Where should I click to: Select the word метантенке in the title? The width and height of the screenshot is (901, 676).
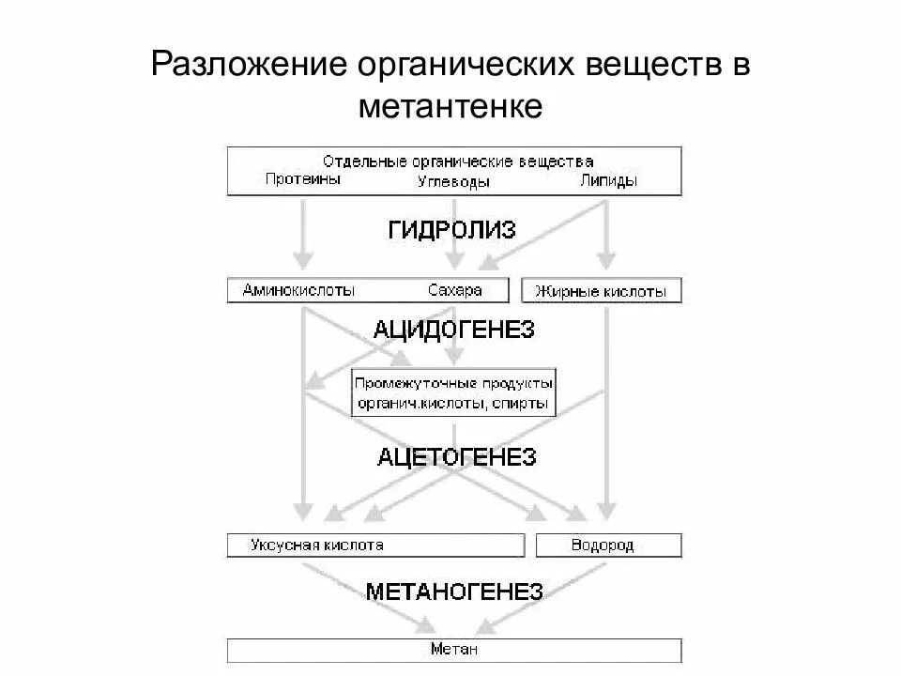coord(450,106)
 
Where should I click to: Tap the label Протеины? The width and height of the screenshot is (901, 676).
coord(302,180)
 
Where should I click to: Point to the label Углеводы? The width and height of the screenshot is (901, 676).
coord(453,182)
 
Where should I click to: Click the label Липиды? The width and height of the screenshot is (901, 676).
coord(608,180)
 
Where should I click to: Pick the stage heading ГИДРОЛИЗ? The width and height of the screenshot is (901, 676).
coord(451,230)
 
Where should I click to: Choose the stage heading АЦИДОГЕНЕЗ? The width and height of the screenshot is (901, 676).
coord(453,330)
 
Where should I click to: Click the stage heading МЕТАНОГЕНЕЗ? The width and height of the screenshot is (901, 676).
coord(454,591)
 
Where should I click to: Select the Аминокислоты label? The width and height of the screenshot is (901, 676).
coord(298,290)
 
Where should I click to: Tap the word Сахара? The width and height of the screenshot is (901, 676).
coord(454,290)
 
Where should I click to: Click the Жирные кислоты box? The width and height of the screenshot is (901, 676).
coord(601,291)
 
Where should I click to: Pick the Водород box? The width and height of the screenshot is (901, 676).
coord(608,545)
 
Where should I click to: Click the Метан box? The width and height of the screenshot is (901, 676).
coord(454,650)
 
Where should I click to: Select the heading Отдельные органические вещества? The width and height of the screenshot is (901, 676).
coord(458,161)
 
